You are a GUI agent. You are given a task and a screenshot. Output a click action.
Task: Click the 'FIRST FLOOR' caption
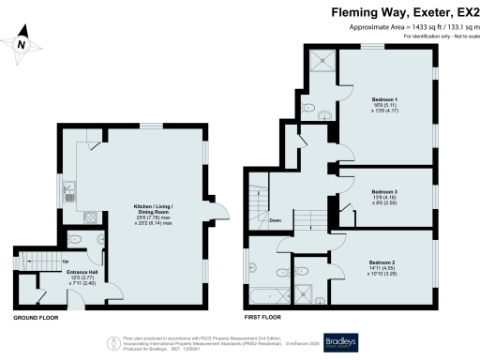263,319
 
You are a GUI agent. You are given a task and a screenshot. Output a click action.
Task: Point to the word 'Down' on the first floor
275,220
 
